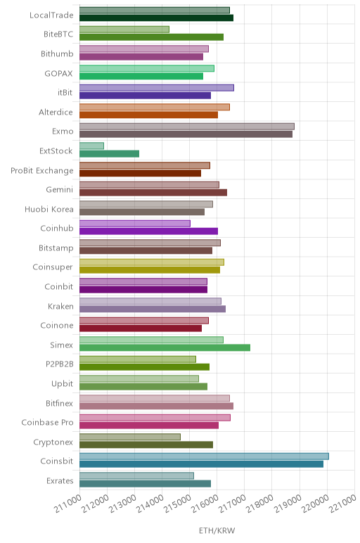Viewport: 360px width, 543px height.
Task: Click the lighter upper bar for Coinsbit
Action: (204, 456)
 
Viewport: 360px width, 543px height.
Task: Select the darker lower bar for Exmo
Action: (186, 134)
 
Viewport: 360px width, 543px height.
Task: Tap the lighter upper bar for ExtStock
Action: (91, 146)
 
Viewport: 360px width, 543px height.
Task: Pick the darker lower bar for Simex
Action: (165, 347)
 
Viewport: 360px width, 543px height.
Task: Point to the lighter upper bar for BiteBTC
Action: (124, 30)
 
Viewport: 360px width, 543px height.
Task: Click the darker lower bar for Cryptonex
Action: (146, 445)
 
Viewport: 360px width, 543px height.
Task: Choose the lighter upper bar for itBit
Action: (157, 88)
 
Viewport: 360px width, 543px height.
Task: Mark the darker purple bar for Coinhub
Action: (148, 231)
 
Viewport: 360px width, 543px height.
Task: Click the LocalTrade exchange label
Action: (51, 15)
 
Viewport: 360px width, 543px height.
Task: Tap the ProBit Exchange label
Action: (42, 170)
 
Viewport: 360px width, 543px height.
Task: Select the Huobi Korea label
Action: (49, 209)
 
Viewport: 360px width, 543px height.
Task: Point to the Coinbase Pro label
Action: (47, 423)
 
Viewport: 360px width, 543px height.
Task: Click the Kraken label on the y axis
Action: (60, 306)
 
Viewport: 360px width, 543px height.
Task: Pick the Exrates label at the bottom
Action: (60, 480)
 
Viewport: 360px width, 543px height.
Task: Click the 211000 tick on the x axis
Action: (67, 503)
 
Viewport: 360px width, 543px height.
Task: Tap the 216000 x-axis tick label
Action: (205, 503)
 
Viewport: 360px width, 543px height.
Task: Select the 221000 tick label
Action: (342, 503)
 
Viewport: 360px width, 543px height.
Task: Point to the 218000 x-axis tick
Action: (260, 503)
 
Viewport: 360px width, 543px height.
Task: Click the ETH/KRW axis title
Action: (217, 530)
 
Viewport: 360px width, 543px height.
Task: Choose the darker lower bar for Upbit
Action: (143, 386)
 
